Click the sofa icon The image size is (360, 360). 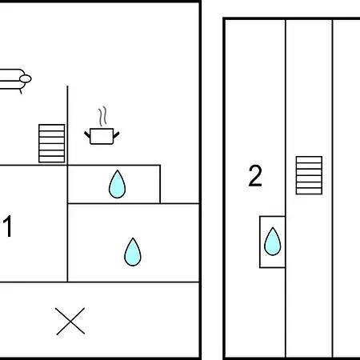(x=14, y=80)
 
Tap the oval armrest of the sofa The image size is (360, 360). (x=26, y=79)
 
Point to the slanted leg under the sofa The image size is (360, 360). (x=20, y=91)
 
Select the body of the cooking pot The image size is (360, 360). (x=102, y=136)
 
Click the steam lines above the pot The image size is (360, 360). (x=102, y=116)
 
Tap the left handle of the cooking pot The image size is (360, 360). (x=87, y=134)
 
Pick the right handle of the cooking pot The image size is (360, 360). (x=116, y=135)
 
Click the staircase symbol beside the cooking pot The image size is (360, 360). (x=52, y=143)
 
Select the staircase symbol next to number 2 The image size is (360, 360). (x=309, y=175)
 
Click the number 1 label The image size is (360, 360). (x=8, y=226)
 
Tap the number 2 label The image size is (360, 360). (x=255, y=175)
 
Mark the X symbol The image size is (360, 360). (x=70, y=321)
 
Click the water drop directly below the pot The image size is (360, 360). (x=118, y=185)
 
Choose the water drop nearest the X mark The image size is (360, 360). (x=133, y=252)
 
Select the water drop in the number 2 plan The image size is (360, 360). (x=273, y=242)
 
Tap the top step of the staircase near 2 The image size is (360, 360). (x=309, y=159)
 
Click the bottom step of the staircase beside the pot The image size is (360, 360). (x=52, y=159)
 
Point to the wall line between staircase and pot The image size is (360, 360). (x=67, y=126)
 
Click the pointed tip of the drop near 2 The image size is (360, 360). (x=273, y=227)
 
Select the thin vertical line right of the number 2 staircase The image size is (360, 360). (x=333, y=188)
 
